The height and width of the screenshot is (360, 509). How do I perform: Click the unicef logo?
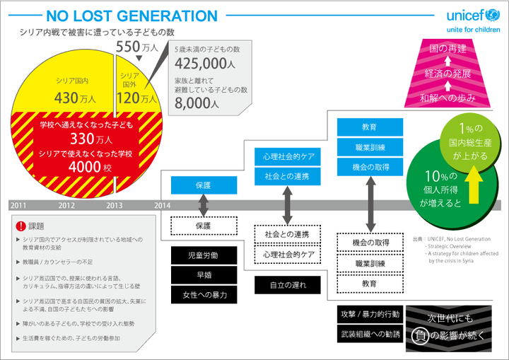pyautogui.click(x=472, y=16)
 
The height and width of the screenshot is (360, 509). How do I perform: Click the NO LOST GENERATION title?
pyautogui.click(x=132, y=16)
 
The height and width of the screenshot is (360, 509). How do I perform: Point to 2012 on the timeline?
pyautogui.click(x=67, y=205)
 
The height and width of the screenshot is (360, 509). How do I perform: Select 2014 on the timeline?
pyautogui.click(x=162, y=205)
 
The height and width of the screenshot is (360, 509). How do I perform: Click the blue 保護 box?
pyautogui.click(x=204, y=186)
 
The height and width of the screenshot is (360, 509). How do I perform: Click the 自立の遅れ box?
pyautogui.click(x=286, y=285)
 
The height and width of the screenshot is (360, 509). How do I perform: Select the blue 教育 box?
pyautogui.click(x=369, y=127)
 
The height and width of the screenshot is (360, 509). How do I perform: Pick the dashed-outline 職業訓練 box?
pyautogui.click(x=369, y=263)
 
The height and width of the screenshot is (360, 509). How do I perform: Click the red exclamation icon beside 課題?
pyautogui.click(x=20, y=226)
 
